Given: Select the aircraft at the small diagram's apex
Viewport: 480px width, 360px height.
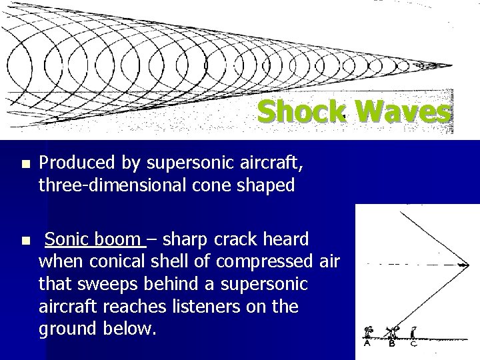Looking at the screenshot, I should (460, 265).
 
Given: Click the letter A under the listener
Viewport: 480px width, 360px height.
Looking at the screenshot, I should (367, 344).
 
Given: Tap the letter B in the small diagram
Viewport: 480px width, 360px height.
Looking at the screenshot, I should (392, 344).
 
